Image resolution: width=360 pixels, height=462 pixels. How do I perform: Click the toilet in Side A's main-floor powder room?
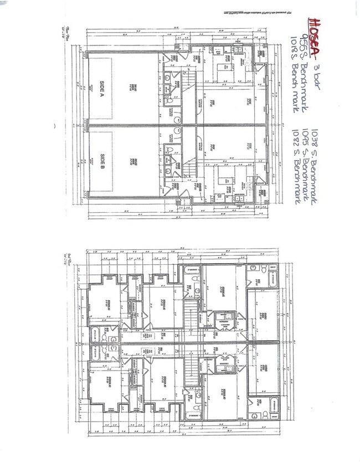168,101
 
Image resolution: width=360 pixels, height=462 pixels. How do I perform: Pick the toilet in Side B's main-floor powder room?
168,150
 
